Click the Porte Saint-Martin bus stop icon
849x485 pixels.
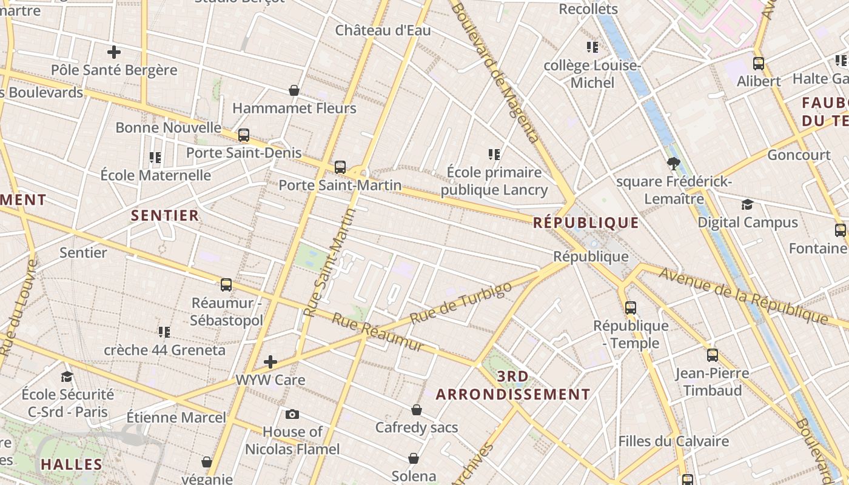(x=340, y=167)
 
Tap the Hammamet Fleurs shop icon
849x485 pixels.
(x=294, y=91)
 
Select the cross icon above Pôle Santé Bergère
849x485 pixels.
(x=113, y=52)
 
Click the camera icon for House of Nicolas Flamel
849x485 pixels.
(x=292, y=415)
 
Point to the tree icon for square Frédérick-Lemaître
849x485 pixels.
(x=673, y=163)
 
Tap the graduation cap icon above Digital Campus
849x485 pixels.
(x=747, y=205)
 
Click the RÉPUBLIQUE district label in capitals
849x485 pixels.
(x=586, y=223)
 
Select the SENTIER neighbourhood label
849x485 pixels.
(x=165, y=215)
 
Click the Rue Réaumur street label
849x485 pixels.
(x=377, y=333)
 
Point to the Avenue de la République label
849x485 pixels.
(x=743, y=295)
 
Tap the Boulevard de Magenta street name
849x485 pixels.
(x=494, y=72)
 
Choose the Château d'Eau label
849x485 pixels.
(x=383, y=30)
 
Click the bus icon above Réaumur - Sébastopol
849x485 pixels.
(x=226, y=284)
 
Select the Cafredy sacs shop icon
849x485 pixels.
(x=417, y=410)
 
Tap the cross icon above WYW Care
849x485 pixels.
(x=270, y=363)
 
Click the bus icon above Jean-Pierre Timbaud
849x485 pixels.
(x=713, y=355)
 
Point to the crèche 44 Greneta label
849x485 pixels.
(x=164, y=350)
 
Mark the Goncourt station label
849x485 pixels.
(x=799, y=155)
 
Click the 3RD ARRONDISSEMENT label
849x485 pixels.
(x=513, y=386)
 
